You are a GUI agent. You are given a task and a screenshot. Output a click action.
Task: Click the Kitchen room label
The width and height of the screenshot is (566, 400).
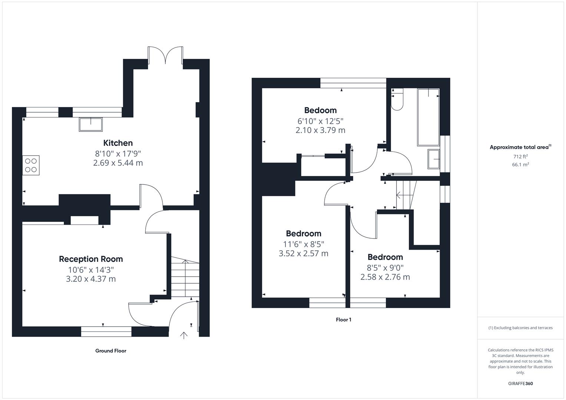[x=118, y=143]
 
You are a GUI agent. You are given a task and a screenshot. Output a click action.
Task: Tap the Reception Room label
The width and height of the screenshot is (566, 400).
[x=91, y=259]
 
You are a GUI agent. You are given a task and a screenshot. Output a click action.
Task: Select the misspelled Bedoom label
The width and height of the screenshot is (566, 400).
[x=320, y=110]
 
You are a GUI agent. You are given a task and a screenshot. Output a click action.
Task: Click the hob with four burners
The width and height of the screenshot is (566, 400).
[x=31, y=166]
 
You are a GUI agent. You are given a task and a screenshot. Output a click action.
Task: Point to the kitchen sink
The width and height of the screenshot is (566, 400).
[x=91, y=124]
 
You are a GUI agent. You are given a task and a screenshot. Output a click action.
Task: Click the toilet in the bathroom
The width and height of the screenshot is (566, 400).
[x=397, y=99]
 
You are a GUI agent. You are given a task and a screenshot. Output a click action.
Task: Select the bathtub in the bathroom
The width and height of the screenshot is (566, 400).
[x=428, y=117]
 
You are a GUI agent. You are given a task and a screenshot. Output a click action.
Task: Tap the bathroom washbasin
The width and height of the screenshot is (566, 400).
[x=434, y=159]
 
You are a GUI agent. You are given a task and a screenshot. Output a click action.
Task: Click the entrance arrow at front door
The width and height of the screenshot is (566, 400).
[x=184, y=335]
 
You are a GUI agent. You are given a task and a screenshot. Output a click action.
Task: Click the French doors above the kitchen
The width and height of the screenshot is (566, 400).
[x=165, y=55]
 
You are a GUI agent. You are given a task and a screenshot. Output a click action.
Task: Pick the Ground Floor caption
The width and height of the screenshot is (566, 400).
[x=111, y=351]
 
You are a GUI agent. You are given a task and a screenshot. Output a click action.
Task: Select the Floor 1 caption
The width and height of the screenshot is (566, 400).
[x=343, y=320]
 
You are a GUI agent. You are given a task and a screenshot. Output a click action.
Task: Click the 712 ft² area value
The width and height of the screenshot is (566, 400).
[x=520, y=156]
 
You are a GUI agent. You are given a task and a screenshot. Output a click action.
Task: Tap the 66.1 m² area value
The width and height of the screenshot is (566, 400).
[x=520, y=164]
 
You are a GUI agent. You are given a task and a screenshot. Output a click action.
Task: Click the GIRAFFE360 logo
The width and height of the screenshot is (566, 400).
[x=520, y=383]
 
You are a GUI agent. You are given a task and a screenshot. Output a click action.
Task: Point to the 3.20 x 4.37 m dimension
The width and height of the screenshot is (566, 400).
[x=91, y=279]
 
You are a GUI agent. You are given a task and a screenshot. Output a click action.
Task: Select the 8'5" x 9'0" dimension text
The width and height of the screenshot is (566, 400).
[x=385, y=268]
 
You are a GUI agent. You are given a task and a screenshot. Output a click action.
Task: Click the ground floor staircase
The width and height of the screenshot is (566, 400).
[x=185, y=277]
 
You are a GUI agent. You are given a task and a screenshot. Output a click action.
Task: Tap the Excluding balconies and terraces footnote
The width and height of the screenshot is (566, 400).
[x=520, y=328]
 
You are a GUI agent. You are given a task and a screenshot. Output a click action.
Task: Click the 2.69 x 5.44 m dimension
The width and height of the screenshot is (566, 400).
[x=118, y=163]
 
